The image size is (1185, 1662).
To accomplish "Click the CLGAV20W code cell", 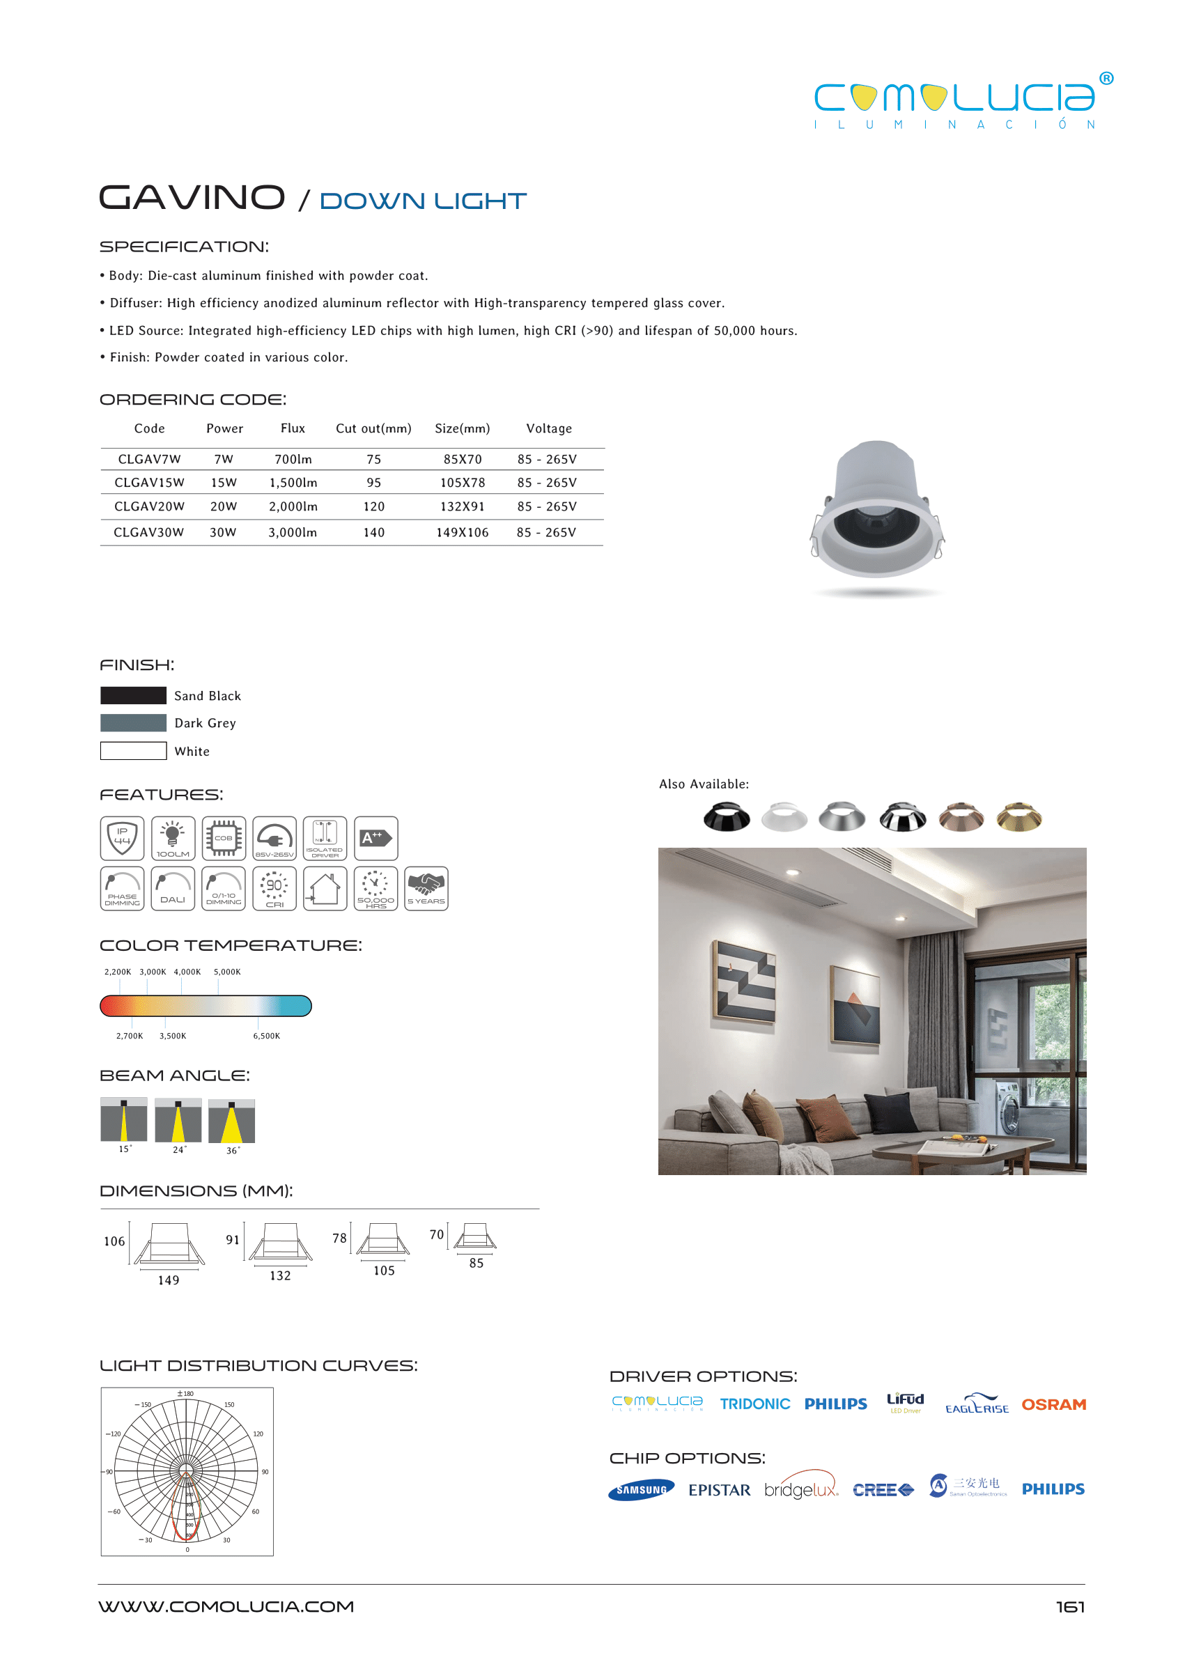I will click(149, 506).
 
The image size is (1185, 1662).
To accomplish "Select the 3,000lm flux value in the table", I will click(293, 533).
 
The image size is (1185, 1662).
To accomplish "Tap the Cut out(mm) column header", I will click(373, 428).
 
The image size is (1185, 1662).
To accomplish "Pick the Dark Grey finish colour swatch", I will click(133, 723).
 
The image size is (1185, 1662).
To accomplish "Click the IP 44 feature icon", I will click(122, 837).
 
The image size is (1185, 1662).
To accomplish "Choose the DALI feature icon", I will click(173, 888).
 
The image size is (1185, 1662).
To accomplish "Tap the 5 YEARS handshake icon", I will click(426, 888).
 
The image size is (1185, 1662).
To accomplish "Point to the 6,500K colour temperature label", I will click(266, 1036).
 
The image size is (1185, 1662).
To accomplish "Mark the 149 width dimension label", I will click(169, 1280).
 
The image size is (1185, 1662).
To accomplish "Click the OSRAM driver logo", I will click(1053, 1404).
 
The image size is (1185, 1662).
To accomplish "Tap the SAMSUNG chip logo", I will click(641, 1490).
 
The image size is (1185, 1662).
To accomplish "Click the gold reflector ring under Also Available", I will click(1019, 817).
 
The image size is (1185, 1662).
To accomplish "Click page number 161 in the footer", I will click(1070, 1606).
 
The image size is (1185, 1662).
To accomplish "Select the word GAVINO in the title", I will click(192, 198).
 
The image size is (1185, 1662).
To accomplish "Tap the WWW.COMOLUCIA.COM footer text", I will click(226, 1606).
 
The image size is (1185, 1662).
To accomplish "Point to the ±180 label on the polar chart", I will click(185, 1394).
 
